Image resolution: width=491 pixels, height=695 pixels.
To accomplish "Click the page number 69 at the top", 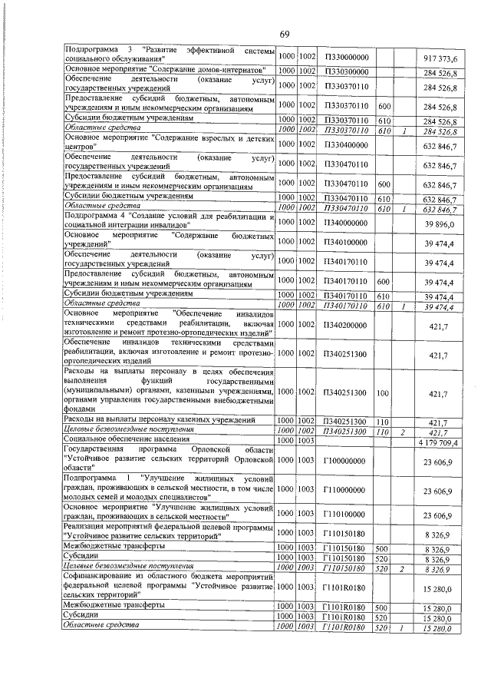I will (x=283, y=34).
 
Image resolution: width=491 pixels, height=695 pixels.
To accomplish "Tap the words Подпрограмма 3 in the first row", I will (x=93, y=51).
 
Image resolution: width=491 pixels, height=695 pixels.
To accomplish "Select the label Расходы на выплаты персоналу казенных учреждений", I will (x=160, y=421).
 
